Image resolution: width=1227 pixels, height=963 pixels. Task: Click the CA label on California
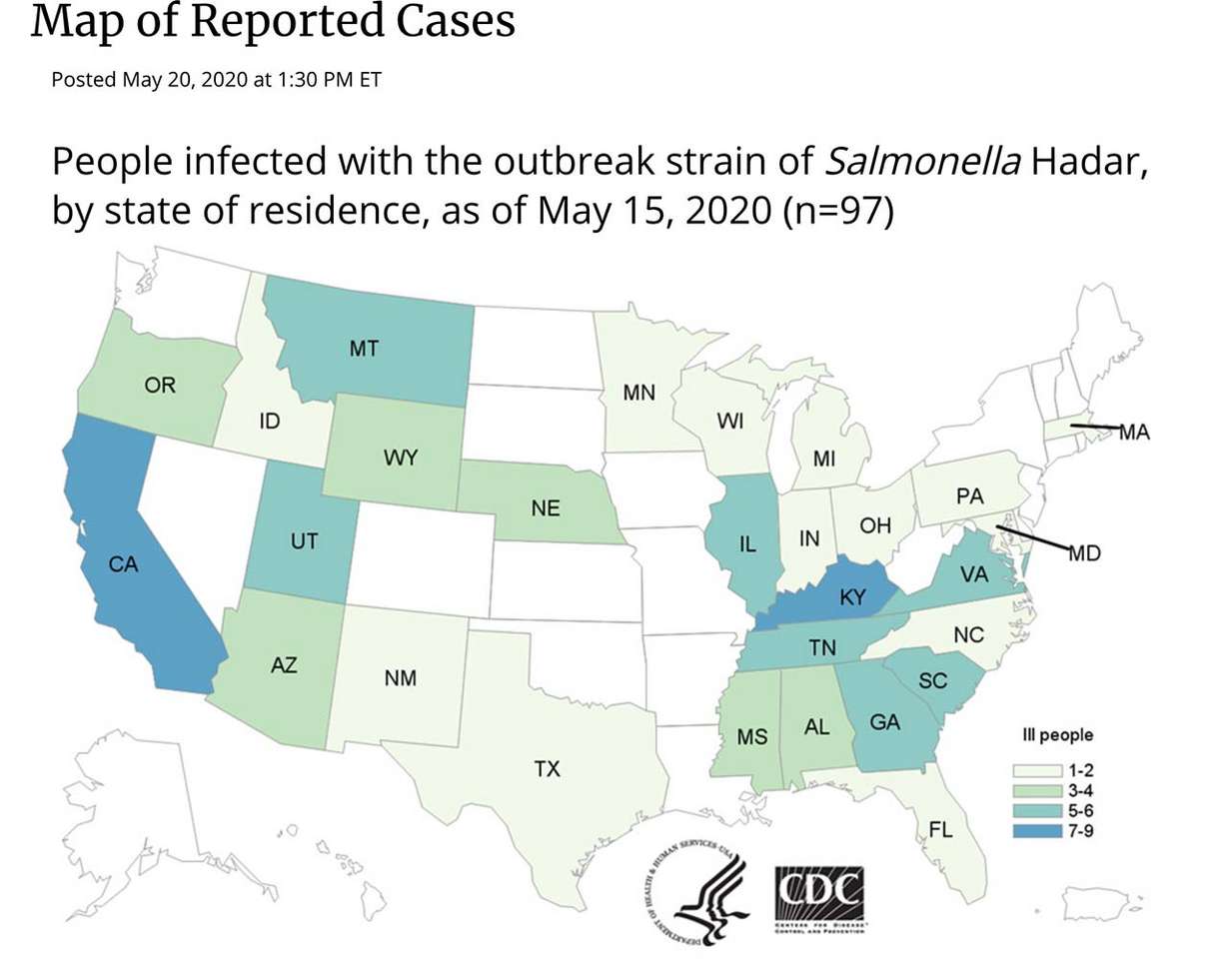123,564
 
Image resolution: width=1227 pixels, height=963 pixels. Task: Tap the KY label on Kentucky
851,597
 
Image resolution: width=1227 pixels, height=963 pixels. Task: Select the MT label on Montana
364,349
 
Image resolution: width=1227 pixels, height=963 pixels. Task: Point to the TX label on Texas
547,769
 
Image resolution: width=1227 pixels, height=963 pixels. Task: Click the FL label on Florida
940,829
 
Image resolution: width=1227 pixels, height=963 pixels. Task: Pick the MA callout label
1134,433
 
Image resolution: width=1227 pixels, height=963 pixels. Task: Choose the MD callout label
1084,552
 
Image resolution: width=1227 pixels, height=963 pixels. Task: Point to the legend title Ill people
1057,735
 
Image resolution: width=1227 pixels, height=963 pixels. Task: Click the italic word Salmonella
922,161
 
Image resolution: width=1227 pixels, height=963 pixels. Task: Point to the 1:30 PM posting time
312,79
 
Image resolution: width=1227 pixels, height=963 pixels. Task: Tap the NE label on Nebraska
545,508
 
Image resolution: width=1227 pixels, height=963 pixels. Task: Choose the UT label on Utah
304,541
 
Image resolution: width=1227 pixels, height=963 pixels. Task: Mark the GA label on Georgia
884,721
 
